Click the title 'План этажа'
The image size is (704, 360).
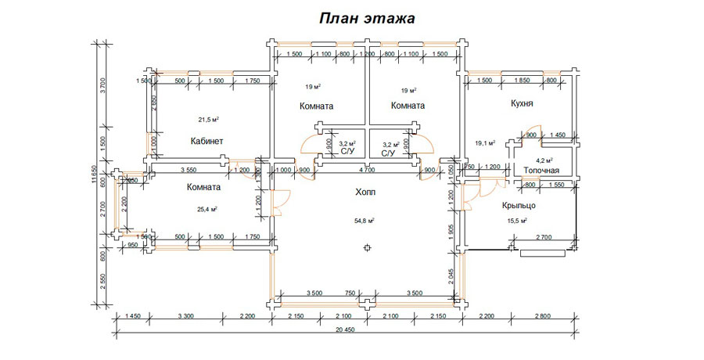[x=366, y=18]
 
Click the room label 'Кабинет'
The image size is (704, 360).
[x=207, y=142]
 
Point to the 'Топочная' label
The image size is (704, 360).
[x=541, y=170]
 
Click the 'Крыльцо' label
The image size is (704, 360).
[x=519, y=205]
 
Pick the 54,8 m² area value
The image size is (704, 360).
[x=365, y=221]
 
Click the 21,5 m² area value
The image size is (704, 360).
[x=207, y=120]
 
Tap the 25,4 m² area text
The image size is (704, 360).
[x=205, y=210]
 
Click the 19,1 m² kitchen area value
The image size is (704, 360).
[x=486, y=143]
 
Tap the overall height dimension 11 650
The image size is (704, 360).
[x=95, y=179]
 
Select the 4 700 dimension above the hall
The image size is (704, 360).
[x=365, y=170]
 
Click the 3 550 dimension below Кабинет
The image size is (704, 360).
[x=188, y=170]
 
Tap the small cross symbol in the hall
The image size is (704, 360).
[x=367, y=248]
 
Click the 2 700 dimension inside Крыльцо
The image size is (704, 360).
[x=545, y=237]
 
